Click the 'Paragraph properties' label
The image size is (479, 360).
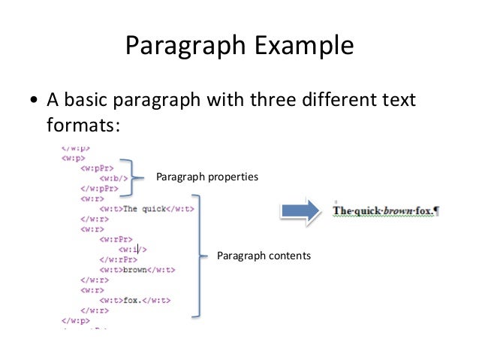tap(206, 177)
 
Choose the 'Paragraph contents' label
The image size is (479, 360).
tap(263, 256)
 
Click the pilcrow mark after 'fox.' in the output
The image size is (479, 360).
tap(437, 211)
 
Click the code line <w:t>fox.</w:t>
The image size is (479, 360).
tap(134, 300)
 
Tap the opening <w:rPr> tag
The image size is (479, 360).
tap(113, 239)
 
